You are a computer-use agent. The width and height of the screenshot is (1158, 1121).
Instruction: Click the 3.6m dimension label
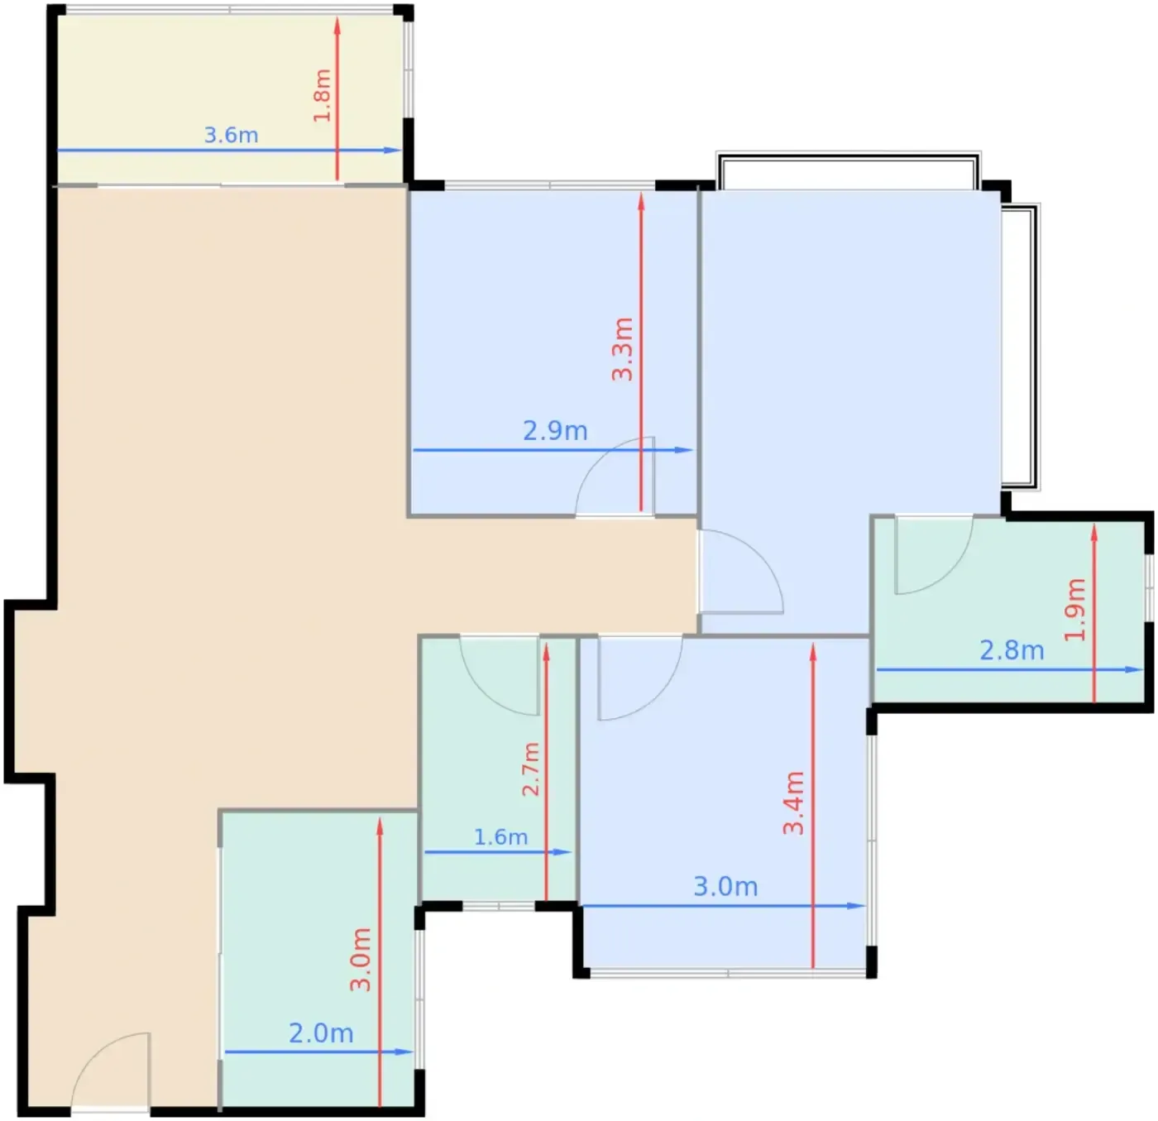231,135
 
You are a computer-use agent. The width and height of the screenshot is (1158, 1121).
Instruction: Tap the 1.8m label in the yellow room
322,95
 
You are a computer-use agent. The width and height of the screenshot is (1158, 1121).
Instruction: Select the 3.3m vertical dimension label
623,349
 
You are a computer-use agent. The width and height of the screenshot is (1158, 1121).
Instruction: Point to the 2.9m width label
555,430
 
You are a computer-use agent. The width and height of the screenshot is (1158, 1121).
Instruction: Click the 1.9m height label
1074,609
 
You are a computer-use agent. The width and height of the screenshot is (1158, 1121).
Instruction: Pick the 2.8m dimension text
1012,651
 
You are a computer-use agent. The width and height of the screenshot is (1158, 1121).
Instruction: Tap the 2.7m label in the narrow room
530,769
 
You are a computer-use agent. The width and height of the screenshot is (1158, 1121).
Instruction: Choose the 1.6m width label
500,837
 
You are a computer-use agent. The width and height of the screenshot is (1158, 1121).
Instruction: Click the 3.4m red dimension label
794,803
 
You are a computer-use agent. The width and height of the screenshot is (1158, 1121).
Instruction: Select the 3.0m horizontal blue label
725,887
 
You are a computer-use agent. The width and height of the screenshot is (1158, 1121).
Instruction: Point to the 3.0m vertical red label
361,959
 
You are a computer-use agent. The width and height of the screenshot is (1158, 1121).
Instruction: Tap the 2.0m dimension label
321,1032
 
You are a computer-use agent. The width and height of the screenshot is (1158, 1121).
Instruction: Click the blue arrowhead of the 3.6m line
393,150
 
